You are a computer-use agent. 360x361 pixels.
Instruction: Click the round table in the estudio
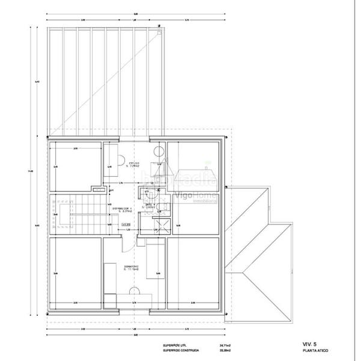click(159, 152)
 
